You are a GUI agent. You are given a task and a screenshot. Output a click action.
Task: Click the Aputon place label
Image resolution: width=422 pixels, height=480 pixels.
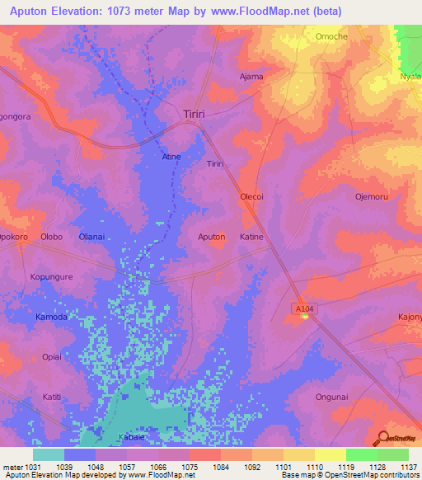[x=211, y=237]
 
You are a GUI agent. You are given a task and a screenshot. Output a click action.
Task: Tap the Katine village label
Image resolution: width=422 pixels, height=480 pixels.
[x=251, y=237]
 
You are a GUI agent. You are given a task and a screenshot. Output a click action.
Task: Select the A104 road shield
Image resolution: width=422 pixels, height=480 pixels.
[x=303, y=308]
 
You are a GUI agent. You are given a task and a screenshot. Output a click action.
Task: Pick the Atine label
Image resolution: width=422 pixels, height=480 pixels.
[x=171, y=157]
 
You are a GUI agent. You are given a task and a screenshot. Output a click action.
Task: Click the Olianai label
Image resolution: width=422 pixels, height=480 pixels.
[x=91, y=237]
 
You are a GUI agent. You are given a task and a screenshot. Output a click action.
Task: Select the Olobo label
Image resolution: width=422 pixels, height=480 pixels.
[x=52, y=237]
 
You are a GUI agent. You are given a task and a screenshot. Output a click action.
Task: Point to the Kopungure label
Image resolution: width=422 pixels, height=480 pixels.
[x=52, y=277]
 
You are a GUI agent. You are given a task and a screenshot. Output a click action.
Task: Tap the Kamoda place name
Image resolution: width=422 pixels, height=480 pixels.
[x=52, y=317]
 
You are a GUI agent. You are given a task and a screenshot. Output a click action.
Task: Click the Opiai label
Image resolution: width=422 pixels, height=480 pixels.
[x=52, y=357]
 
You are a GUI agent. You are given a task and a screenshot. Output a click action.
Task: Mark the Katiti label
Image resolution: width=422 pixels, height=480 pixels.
[x=52, y=397]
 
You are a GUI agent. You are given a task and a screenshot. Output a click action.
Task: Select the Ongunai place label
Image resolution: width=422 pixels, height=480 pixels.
[x=331, y=397]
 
